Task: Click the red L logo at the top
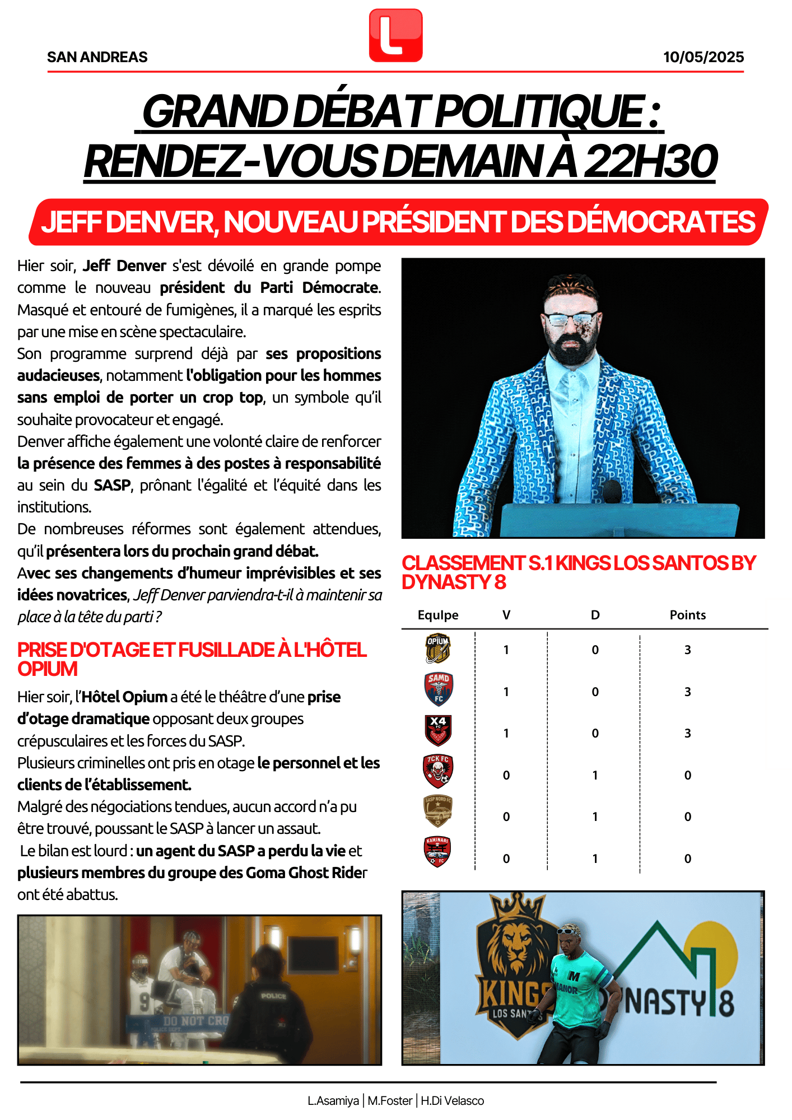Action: pos(395,35)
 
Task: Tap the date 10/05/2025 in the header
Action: pos(703,57)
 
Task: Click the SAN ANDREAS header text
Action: pos(97,57)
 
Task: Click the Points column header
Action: pos(687,615)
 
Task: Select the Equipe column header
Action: pos(437,615)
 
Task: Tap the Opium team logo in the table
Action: pos(437,648)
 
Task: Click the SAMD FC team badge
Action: pos(438,689)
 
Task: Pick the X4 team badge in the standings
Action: pos(438,730)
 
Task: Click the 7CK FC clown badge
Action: pos(437,772)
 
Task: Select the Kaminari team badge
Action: pos(437,852)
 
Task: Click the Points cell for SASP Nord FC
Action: pos(687,817)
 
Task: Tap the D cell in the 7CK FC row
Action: pos(595,776)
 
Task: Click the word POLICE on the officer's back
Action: pos(273,996)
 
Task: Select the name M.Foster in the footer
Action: pos(390,1101)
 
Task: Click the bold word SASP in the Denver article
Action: pos(112,485)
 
